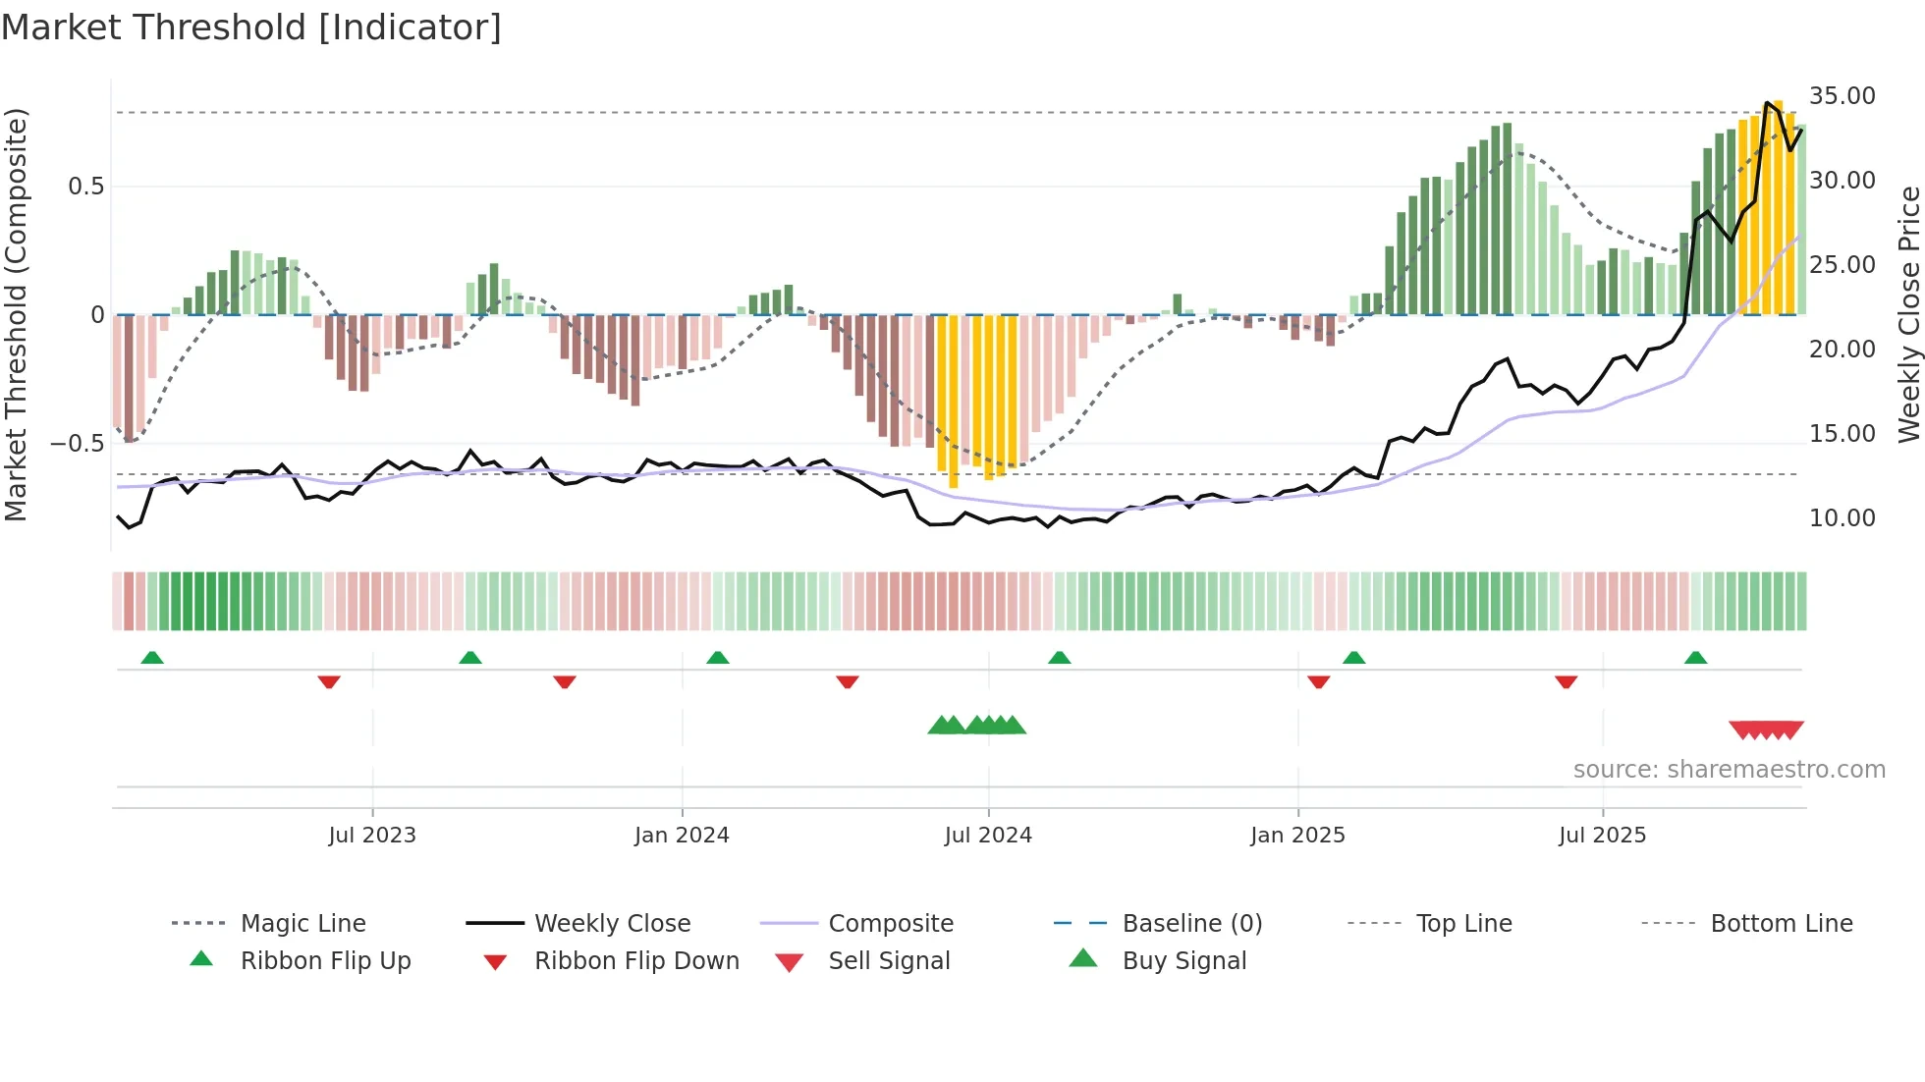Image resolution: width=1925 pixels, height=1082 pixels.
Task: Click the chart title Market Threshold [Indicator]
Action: pos(251,27)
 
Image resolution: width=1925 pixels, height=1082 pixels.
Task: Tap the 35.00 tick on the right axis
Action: pos(1842,96)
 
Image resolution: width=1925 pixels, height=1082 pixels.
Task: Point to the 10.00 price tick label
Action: pos(1842,518)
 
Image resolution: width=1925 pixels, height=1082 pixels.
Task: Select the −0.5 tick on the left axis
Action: pos(78,444)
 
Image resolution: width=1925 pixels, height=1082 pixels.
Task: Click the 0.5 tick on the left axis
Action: pos(85,187)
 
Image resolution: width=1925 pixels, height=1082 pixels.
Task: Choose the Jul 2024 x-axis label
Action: pos(988,836)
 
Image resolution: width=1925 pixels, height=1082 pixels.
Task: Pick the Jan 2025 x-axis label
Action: pos(1297,836)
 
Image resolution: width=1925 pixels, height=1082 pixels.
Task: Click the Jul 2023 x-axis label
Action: pos(372,836)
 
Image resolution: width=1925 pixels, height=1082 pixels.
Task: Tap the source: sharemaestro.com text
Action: pos(1729,770)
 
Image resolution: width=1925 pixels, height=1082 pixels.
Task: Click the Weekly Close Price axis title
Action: pos(1908,314)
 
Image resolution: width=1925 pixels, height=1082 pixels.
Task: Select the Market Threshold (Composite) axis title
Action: pos(16,314)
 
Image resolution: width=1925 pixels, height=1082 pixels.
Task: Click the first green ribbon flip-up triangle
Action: pos(152,658)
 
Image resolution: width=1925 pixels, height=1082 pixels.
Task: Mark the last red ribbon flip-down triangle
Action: pos(1567,681)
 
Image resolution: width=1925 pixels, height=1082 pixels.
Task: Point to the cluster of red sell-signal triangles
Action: pos(1766,730)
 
